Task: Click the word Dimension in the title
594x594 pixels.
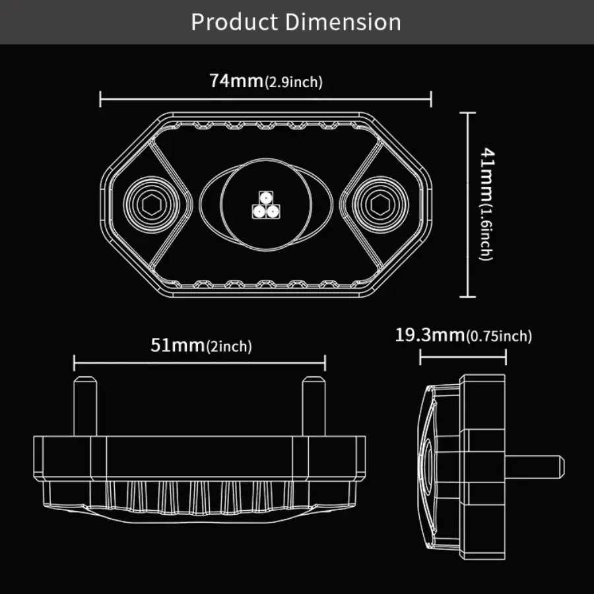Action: click(x=343, y=22)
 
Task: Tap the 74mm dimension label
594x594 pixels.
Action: click(x=236, y=81)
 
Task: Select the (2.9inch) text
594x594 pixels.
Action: click(x=293, y=83)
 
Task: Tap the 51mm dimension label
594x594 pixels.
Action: click(x=178, y=345)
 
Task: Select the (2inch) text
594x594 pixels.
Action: click(x=229, y=346)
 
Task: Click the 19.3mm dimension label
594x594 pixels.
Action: click(x=430, y=335)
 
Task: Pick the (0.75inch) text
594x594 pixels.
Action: click(x=499, y=337)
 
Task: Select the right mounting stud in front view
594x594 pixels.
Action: click(x=313, y=405)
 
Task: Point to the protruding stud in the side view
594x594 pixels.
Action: click(x=538, y=465)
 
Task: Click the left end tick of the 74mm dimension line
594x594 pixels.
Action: click(x=100, y=99)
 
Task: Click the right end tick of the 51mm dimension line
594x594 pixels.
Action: click(x=325, y=362)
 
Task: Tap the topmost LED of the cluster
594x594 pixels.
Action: click(x=265, y=198)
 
